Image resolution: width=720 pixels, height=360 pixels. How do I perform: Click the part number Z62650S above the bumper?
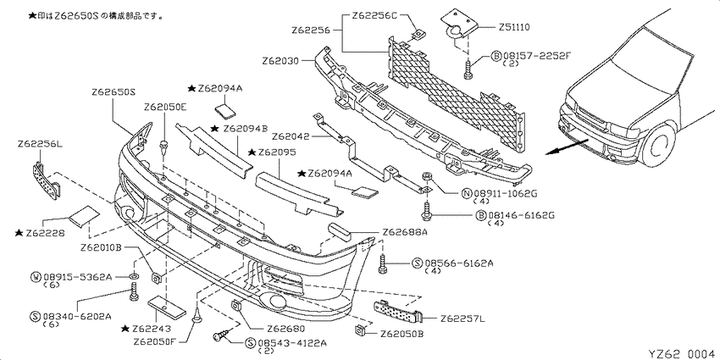(114, 91)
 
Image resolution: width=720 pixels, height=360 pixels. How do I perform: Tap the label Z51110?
(514, 27)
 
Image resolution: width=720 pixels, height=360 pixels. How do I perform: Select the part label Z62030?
(280, 61)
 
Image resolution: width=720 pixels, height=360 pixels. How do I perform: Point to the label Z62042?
(290, 137)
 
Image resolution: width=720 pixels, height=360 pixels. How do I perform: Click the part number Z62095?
(277, 152)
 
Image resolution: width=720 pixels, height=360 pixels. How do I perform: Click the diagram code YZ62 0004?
(681, 353)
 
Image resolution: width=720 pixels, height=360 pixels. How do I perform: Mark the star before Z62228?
(19, 233)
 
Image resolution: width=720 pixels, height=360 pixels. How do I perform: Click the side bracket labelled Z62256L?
(47, 180)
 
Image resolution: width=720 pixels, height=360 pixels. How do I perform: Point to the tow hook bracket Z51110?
(457, 25)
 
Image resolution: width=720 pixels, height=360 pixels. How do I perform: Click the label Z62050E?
(165, 108)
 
